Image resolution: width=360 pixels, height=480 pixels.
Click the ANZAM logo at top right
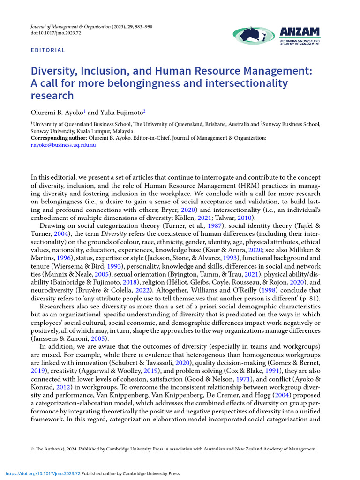point(276,36)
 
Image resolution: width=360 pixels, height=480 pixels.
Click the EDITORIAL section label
point(48,50)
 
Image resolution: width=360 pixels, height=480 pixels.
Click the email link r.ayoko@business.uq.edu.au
point(63,145)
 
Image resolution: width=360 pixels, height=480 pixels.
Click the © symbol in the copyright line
point(33,449)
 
